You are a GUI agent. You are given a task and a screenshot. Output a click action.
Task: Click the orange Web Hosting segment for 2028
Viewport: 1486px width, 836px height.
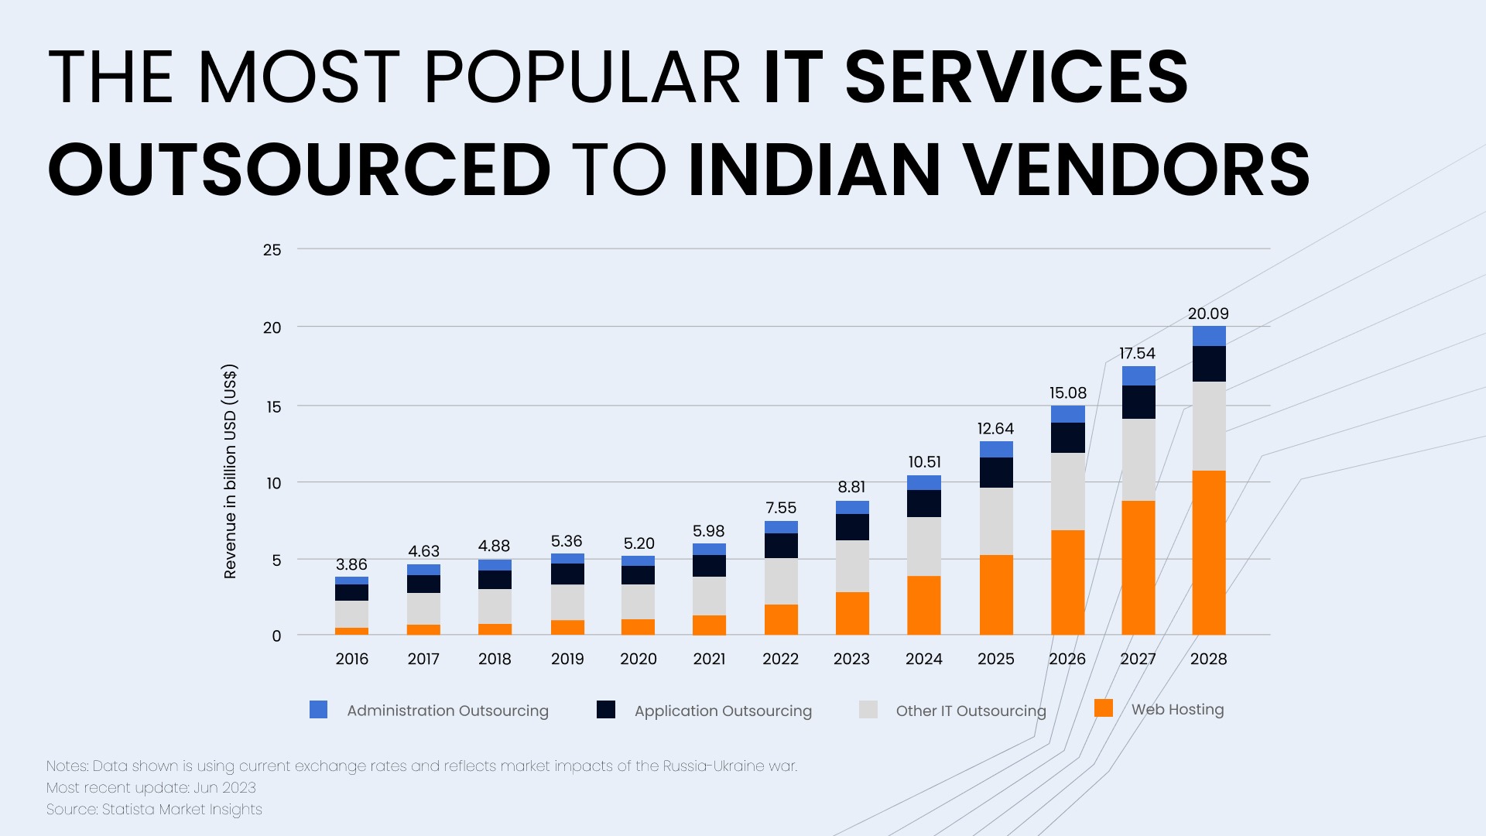pyautogui.click(x=1209, y=553)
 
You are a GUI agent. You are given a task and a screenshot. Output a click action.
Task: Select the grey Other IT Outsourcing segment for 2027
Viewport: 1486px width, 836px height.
pyautogui.click(x=1138, y=460)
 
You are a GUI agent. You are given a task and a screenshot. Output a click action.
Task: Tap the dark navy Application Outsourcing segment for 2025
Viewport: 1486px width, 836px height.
pyautogui.click(x=996, y=472)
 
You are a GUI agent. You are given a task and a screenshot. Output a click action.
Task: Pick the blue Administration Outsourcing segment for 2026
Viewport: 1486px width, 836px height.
pyautogui.click(x=1068, y=414)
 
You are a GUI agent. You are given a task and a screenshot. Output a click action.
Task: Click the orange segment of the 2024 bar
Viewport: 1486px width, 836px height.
pyautogui.click(x=924, y=605)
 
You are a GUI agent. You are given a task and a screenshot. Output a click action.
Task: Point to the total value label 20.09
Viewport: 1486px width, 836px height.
pyautogui.click(x=1208, y=313)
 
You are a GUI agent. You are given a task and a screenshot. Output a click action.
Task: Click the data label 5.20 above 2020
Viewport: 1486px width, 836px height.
pyautogui.click(x=639, y=543)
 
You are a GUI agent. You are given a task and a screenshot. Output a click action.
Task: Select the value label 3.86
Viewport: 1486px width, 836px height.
pyautogui.click(x=351, y=564)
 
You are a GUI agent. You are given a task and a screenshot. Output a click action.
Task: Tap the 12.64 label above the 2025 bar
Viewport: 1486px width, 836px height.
pyautogui.click(x=995, y=428)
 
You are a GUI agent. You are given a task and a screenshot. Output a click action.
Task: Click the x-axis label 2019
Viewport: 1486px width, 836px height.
pyautogui.click(x=567, y=659)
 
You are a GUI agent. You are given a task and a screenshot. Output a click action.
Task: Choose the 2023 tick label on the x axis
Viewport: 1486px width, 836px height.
pyautogui.click(x=851, y=659)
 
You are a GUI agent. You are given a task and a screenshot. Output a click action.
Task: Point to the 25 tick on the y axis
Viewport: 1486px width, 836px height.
pyautogui.click(x=272, y=249)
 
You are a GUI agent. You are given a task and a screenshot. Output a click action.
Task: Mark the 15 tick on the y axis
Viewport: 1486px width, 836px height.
pyautogui.click(x=273, y=406)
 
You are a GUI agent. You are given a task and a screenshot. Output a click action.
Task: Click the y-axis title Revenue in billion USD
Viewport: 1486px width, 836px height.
pyautogui.click(x=230, y=471)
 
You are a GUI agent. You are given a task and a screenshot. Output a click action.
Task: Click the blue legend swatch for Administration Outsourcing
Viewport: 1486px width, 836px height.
pyautogui.click(x=318, y=709)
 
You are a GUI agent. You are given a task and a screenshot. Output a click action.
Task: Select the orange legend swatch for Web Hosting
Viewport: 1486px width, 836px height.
pyautogui.click(x=1104, y=708)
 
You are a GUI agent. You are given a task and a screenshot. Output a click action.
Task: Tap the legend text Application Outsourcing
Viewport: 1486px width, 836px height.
pyautogui.click(x=723, y=711)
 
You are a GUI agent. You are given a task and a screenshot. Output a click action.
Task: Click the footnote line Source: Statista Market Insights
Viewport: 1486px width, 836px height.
pyautogui.click(x=154, y=810)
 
